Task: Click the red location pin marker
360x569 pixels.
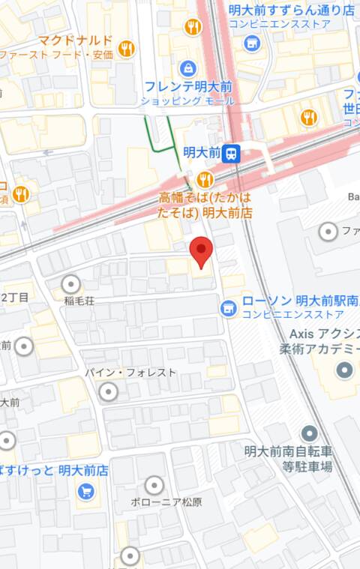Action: [200, 252]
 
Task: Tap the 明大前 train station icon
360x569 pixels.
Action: [232, 153]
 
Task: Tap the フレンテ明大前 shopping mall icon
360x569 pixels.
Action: [187, 69]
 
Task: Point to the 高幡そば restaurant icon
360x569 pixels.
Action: [205, 179]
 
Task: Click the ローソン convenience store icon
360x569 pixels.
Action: [227, 307]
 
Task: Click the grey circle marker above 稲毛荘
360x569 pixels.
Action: [72, 284]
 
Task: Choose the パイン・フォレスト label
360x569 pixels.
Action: [130, 373]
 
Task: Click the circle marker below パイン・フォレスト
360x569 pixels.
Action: [109, 391]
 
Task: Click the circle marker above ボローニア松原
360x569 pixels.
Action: [154, 485]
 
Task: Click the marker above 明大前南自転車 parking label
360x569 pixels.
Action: [309, 433]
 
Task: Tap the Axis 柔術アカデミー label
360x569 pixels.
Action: [324, 341]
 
